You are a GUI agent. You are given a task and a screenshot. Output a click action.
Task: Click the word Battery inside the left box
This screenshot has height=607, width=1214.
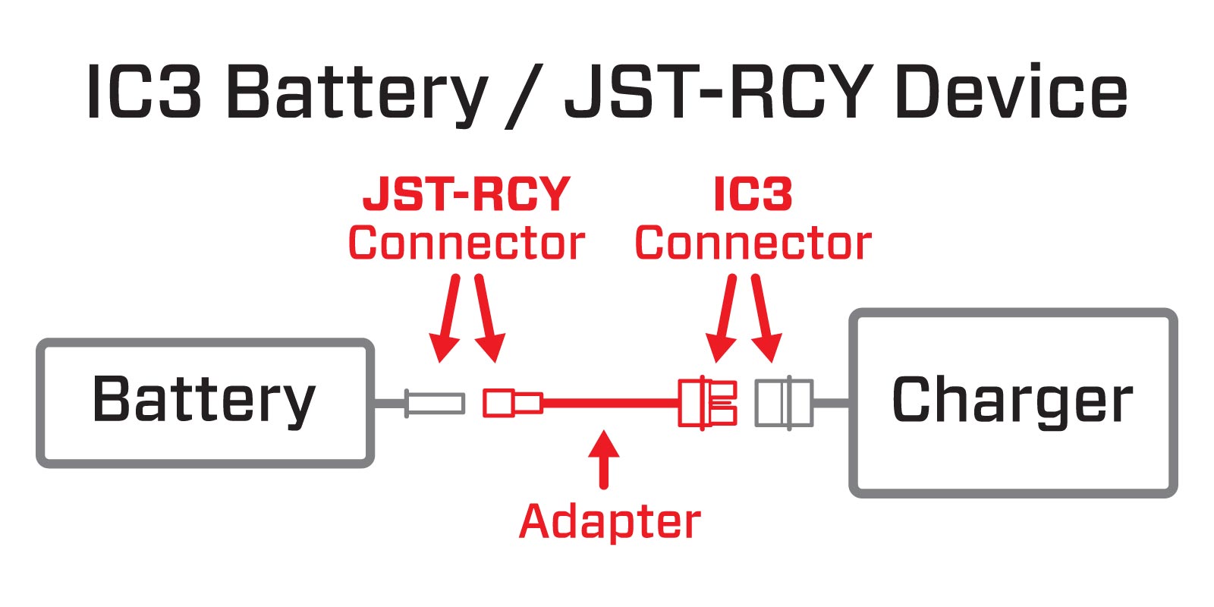click(203, 400)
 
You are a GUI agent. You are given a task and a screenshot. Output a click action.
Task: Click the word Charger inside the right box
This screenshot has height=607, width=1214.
click(1012, 400)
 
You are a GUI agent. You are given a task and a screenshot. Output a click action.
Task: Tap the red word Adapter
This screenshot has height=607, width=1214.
click(610, 522)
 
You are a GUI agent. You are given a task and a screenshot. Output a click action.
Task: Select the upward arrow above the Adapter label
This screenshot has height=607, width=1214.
click(604, 459)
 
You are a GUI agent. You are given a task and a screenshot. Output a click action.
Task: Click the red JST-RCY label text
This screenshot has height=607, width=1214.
click(466, 194)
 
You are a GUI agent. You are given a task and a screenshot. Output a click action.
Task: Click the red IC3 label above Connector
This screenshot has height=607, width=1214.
click(753, 194)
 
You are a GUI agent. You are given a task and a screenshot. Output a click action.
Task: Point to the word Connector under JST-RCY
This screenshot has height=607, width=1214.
click(466, 244)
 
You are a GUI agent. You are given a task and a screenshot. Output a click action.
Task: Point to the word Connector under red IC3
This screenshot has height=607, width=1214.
click(753, 244)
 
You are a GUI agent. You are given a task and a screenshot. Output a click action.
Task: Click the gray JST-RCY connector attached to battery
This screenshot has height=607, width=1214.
click(434, 403)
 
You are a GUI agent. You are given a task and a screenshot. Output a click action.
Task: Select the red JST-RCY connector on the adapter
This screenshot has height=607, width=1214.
click(513, 403)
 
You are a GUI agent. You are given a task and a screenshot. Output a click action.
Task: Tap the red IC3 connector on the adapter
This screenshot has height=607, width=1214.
click(707, 403)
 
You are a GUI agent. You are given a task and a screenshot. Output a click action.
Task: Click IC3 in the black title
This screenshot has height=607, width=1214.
click(144, 93)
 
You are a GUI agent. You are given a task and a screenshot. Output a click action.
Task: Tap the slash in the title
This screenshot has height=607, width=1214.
click(523, 95)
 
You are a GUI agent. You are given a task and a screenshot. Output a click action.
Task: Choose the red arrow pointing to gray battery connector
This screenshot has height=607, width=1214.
click(448, 317)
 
